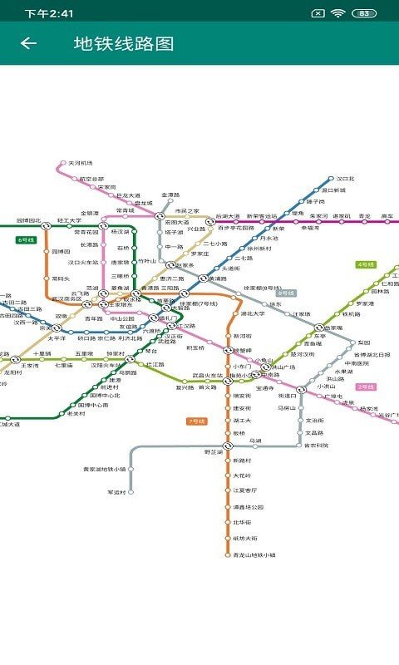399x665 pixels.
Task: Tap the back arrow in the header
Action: click(28, 43)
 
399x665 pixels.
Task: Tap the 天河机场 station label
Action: click(81, 163)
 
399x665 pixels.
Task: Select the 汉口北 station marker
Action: click(330, 179)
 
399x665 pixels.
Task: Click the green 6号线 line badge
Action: click(26, 239)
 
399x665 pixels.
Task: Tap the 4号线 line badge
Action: click(366, 264)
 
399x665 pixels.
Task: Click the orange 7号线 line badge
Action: click(196, 421)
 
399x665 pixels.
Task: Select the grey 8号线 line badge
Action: click(286, 293)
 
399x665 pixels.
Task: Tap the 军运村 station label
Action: click(116, 492)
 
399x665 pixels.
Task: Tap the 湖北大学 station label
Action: click(252, 314)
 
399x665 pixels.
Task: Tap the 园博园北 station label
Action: click(28, 221)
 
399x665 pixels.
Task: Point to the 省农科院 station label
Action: click(316, 445)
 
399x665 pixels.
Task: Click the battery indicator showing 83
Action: click(363, 13)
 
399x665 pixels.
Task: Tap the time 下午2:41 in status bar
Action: click(48, 13)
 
